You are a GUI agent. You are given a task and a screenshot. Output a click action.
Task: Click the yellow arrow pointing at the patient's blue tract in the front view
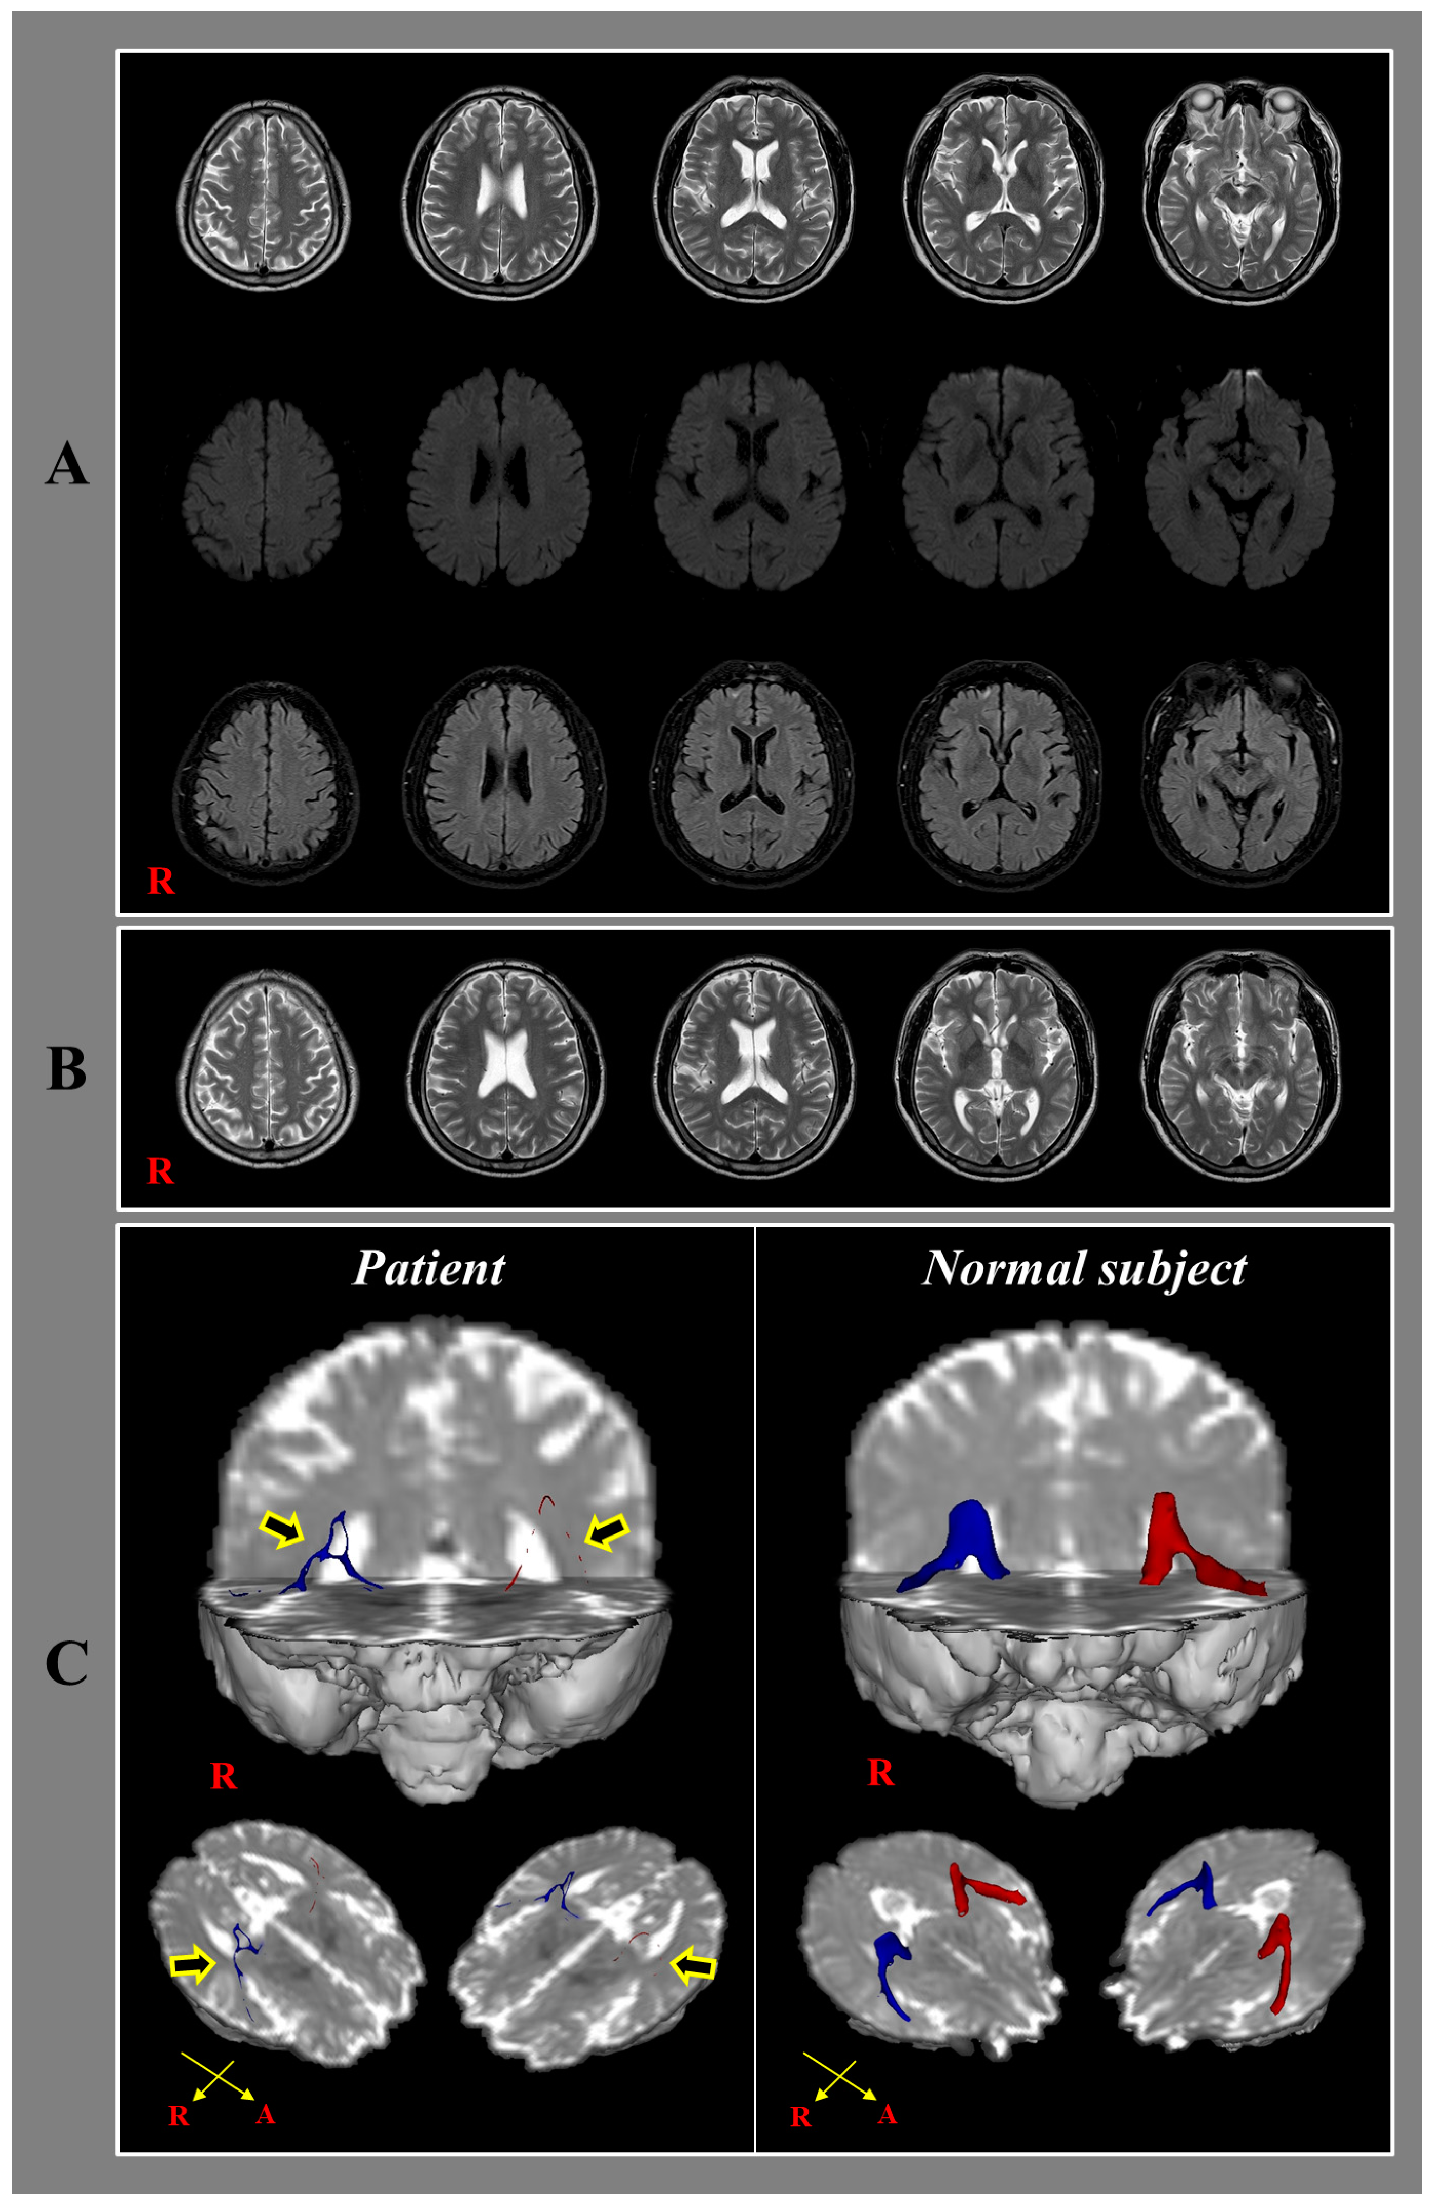[x=283, y=1528]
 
